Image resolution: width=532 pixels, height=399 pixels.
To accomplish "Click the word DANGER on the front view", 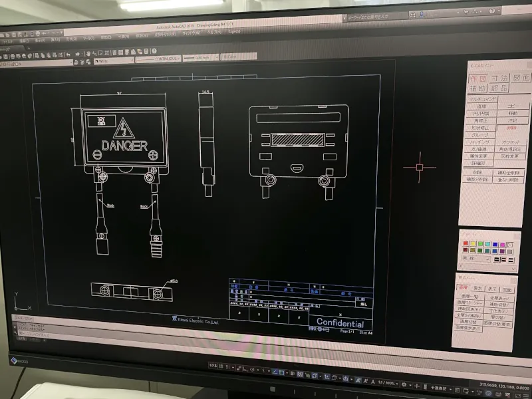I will [124, 145].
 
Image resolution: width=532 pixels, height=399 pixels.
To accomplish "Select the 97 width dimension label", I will [119, 93].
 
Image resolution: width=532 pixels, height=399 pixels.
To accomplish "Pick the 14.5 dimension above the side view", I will [205, 92].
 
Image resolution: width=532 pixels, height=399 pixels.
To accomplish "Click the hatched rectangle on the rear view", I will [299, 140].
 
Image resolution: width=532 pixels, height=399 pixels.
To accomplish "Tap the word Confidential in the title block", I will [340, 323].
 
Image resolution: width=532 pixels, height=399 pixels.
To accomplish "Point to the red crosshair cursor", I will [420, 167].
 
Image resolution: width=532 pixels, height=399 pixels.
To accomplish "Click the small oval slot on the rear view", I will [297, 168].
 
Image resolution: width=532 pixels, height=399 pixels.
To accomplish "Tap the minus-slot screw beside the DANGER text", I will [98, 154].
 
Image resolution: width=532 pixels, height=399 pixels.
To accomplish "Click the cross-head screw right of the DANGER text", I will [154, 156].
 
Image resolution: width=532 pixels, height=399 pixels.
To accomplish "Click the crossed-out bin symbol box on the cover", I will [99, 122].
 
